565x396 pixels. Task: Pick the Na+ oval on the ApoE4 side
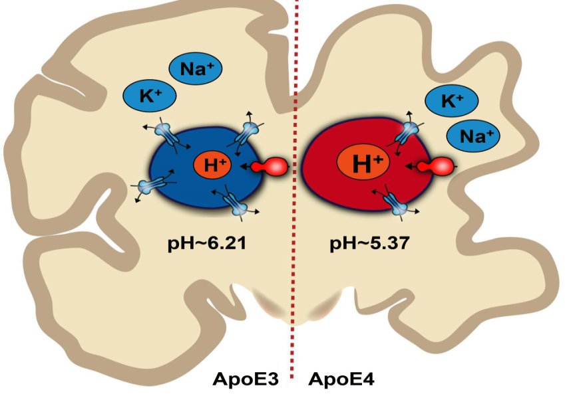[x=472, y=136]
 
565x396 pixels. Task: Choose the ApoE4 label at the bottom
[x=341, y=380]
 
